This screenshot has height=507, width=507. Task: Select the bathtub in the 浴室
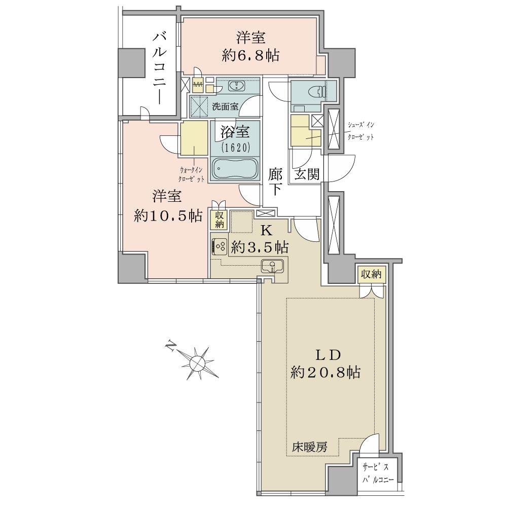click(x=235, y=168)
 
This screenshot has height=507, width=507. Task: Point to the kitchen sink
click(x=272, y=266)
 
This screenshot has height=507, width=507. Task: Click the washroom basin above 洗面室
click(x=237, y=86)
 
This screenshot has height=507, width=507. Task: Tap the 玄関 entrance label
click(x=307, y=174)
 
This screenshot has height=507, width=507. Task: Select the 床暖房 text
click(x=309, y=447)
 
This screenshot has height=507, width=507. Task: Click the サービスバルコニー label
click(x=377, y=473)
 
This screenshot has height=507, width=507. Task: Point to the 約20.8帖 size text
click(x=325, y=373)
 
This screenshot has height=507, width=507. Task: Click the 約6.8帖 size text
click(x=250, y=56)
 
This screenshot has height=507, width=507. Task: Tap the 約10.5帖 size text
click(x=168, y=215)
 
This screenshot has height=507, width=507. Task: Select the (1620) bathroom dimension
click(x=235, y=148)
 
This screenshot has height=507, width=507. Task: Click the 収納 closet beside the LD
click(x=371, y=274)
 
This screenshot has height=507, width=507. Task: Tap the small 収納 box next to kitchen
click(x=219, y=220)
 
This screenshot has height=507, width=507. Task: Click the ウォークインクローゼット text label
click(x=191, y=174)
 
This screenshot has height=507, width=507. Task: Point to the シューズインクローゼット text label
click(x=360, y=131)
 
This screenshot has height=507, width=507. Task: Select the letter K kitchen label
click(x=267, y=231)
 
